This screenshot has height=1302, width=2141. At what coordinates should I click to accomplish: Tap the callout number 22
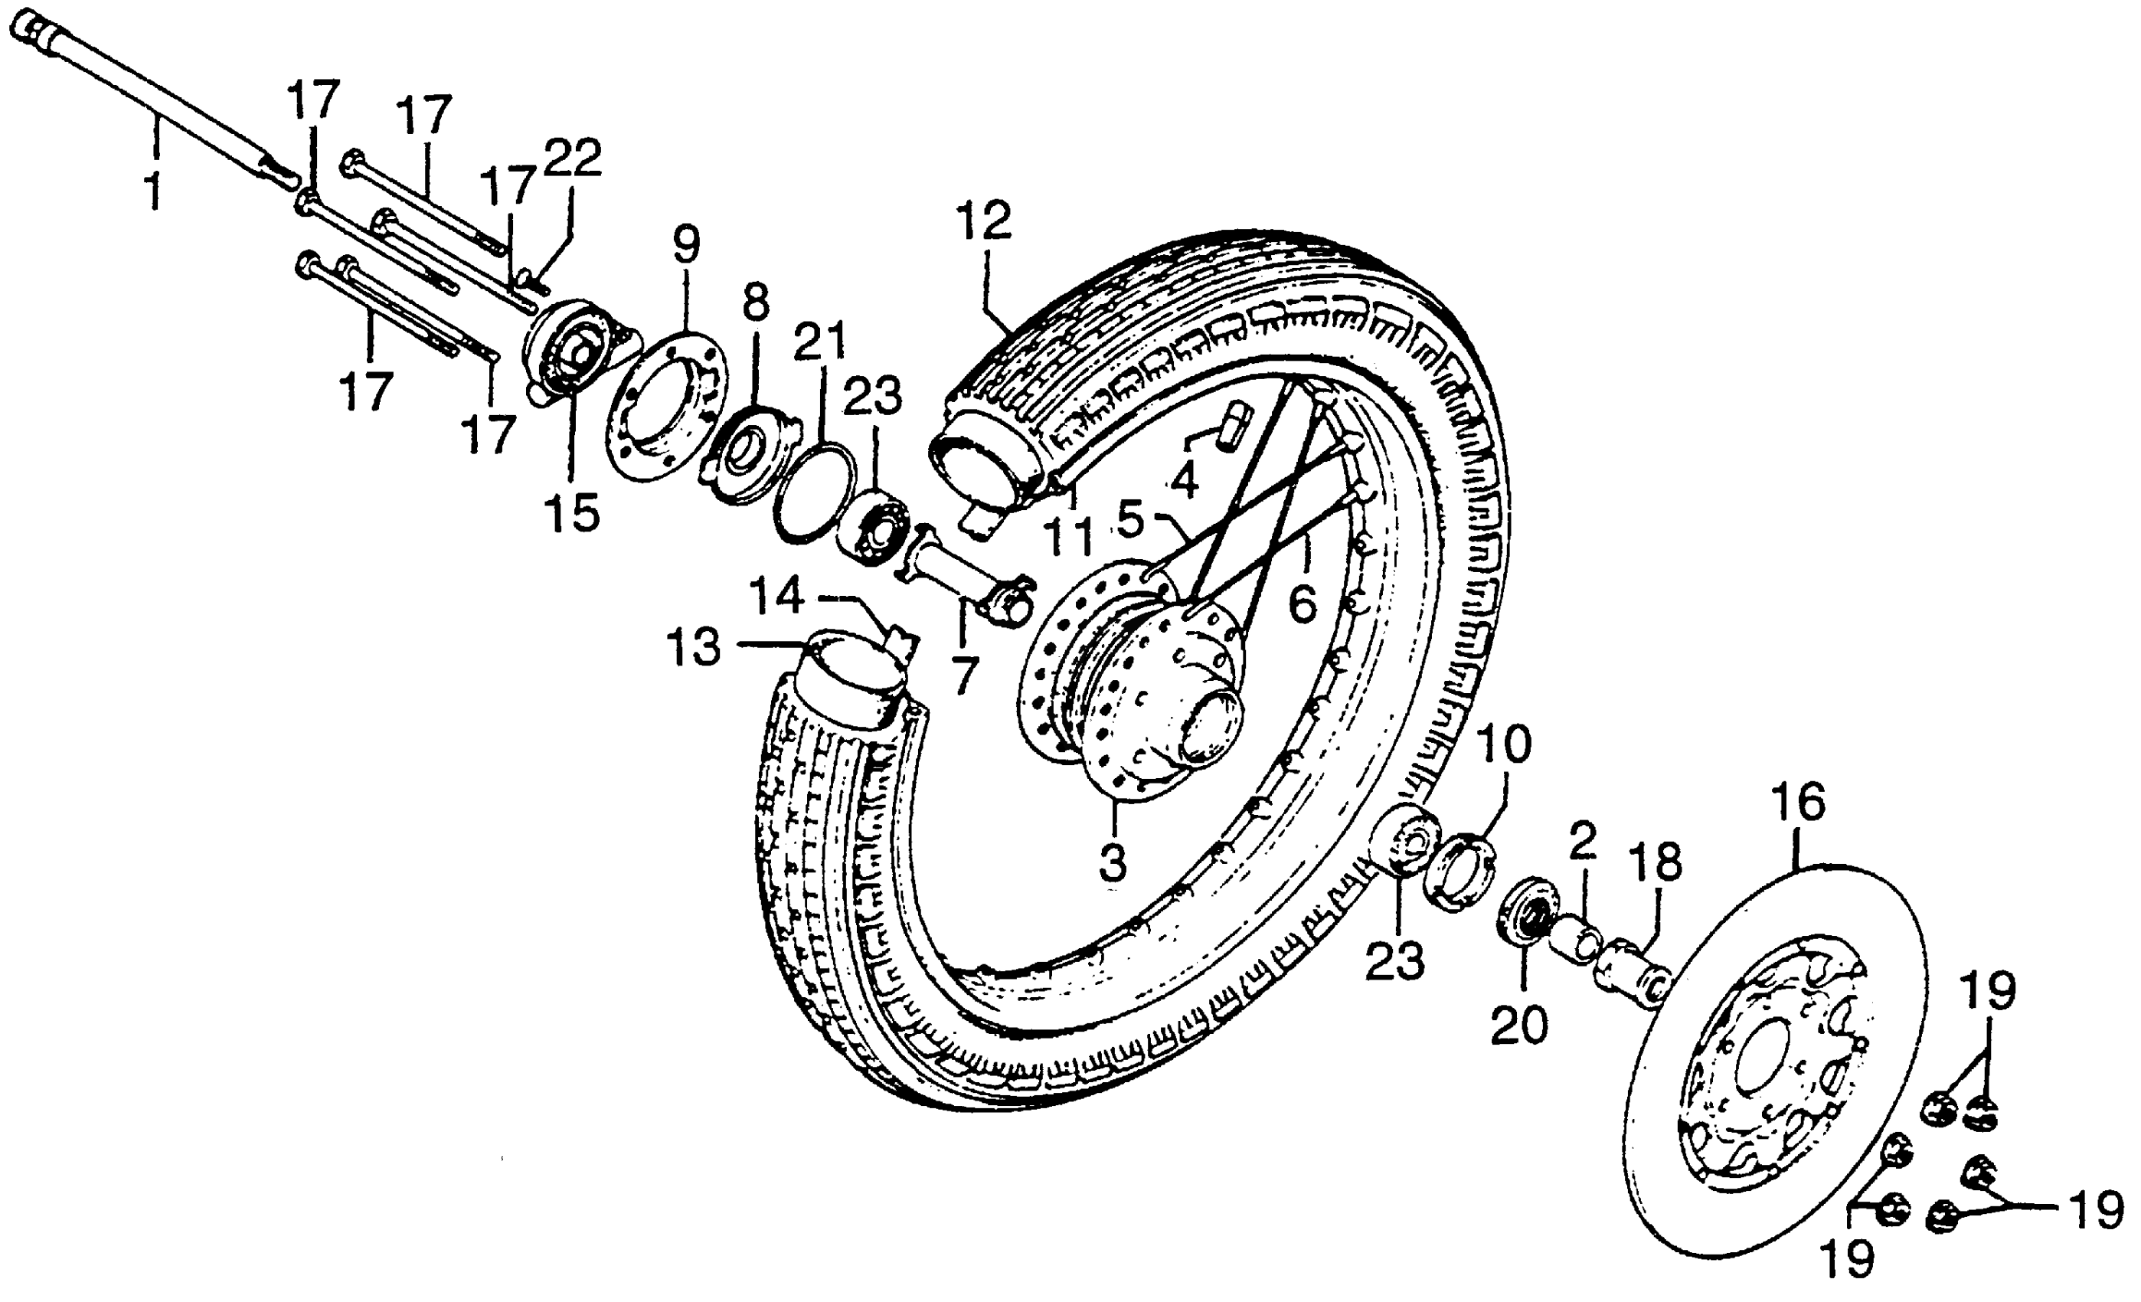point(573,159)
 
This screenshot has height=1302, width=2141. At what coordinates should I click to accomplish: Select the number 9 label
point(685,245)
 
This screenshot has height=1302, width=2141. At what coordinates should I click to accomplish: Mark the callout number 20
point(1520,1026)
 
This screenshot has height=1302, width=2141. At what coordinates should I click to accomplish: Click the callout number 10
point(1505,746)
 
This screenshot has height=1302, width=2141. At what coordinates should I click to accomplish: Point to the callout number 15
point(572,513)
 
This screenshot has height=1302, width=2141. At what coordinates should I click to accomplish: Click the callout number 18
point(1656,863)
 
